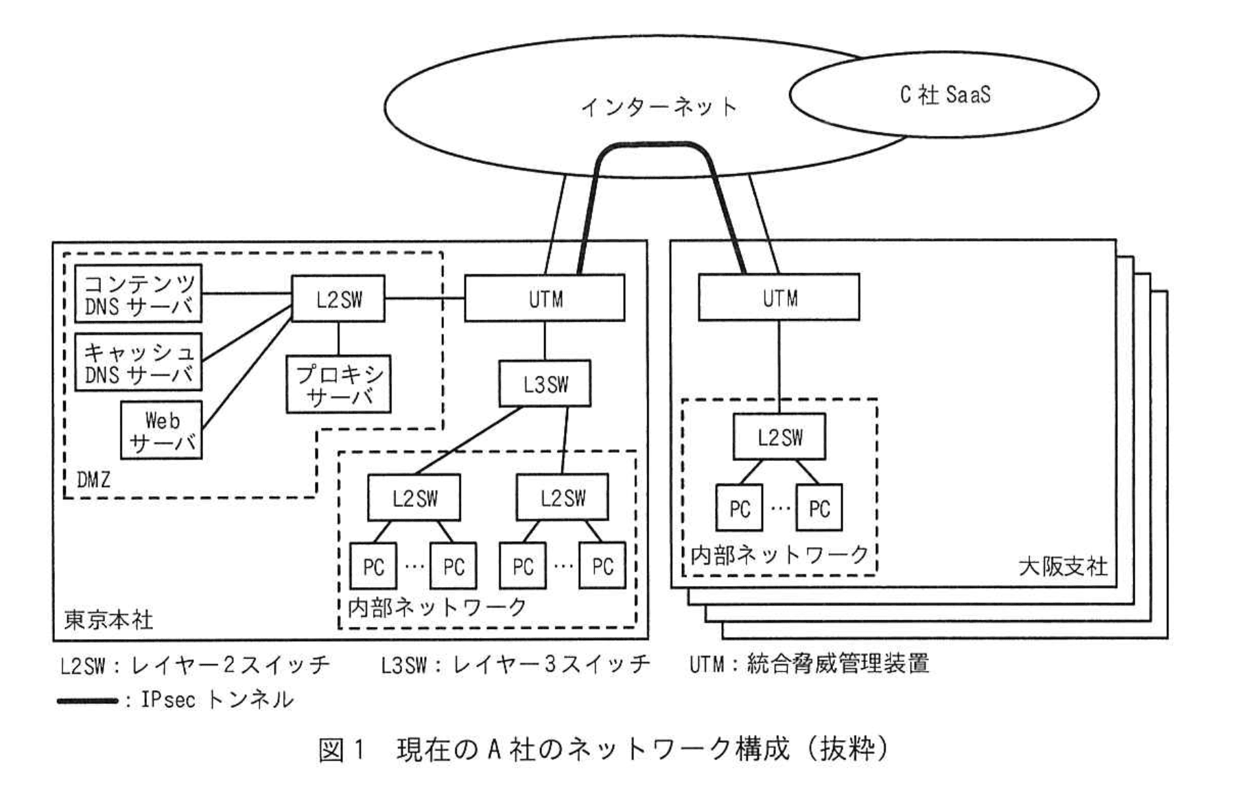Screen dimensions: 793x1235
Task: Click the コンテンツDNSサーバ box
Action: tap(138, 294)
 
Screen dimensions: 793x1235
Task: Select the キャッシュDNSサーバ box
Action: tap(138, 362)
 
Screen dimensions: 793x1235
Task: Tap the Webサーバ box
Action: tap(161, 430)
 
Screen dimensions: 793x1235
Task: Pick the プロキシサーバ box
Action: tap(338, 384)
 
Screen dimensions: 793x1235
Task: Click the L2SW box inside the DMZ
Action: tap(338, 298)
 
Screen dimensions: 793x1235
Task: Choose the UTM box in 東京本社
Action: tap(545, 298)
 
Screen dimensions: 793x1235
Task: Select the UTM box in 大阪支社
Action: tap(779, 298)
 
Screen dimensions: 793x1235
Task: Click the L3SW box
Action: tap(545, 383)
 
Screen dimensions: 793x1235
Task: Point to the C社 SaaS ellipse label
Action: tap(945, 94)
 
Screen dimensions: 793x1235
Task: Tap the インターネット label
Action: tap(658, 107)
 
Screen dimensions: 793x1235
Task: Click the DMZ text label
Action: tap(93, 480)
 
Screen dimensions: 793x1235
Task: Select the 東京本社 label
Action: tap(108, 620)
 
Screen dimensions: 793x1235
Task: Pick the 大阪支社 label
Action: tap(1063, 567)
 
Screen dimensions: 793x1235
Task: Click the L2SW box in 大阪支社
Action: tap(779, 437)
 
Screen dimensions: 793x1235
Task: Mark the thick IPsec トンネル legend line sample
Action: tap(87, 701)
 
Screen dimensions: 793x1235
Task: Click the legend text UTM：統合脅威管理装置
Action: tap(809, 663)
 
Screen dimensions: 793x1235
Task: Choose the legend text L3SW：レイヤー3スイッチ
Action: tap(515, 663)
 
